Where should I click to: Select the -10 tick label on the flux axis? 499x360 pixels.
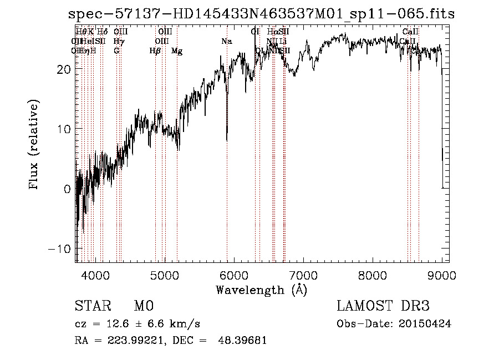point(60,249)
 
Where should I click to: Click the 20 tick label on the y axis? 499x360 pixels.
point(64,69)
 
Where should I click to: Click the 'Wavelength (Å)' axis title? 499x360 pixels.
point(261,290)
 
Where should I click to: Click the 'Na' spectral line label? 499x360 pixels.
point(226,42)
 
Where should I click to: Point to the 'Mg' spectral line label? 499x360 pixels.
point(177,51)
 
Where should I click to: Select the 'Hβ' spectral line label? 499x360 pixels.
point(155,51)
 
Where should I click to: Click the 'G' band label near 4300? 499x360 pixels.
point(116,51)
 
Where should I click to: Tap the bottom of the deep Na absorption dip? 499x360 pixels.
point(227,140)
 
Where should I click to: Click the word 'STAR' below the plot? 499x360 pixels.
point(90,306)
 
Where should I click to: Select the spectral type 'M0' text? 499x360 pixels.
point(144,306)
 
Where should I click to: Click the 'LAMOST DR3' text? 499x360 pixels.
point(383,306)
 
